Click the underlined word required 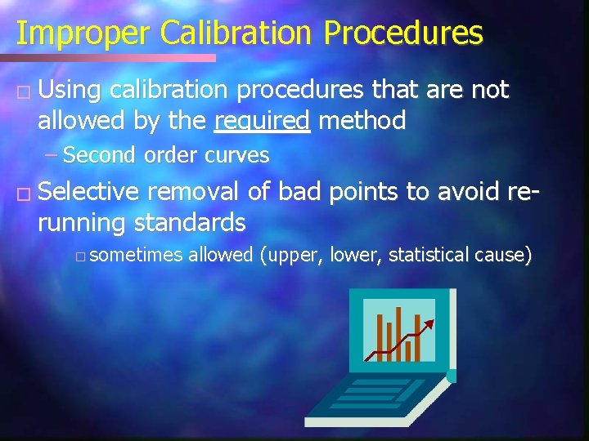tap(262, 122)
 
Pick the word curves tap(239, 155)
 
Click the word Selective tap(89, 192)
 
